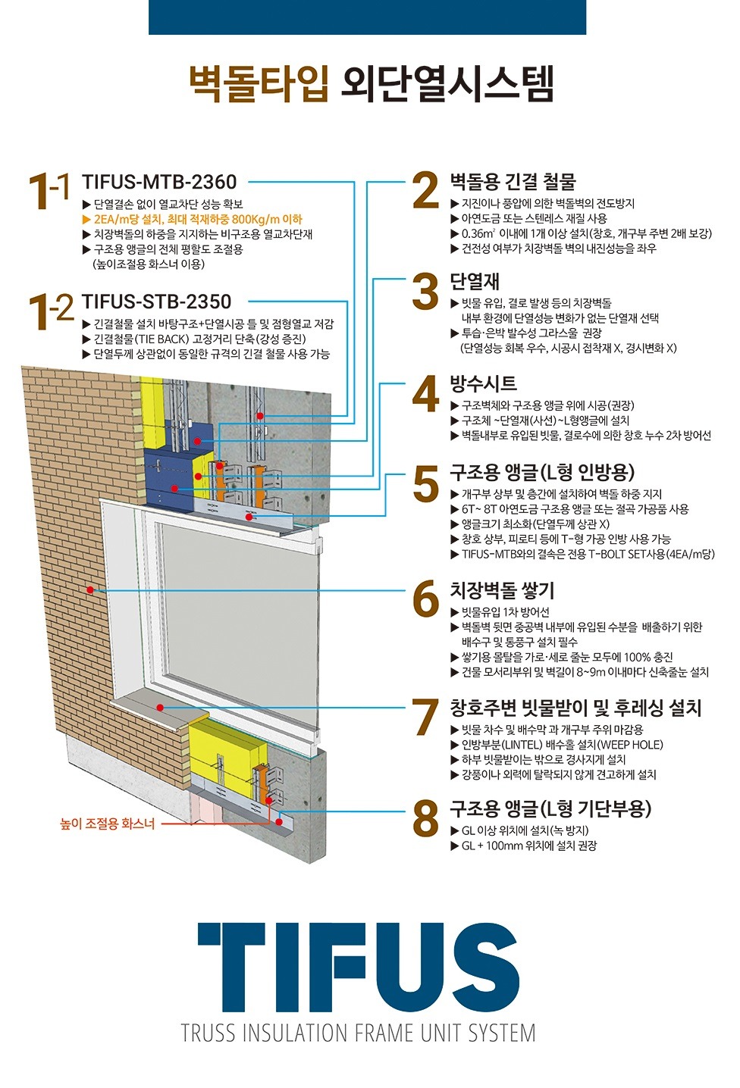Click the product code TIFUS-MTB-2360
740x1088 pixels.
tap(159, 182)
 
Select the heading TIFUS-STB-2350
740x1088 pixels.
tap(156, 302)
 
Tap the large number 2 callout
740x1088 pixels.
tap(425, 191)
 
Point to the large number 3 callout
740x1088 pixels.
tap(425, 291)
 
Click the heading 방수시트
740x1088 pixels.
tap(483, 383)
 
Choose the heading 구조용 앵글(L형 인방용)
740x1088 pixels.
tap(543, 471)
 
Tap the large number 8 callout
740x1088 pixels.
tap(425, 820)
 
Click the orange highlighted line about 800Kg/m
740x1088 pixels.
tap(193, 220)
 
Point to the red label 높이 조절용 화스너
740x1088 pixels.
tap(108, 824)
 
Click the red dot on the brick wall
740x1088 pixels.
tap(90, 590)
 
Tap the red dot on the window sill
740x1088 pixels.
tap(161, 708)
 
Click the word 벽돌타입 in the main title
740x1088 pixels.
tap(259, 84)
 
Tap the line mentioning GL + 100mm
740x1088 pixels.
tap(529, 846)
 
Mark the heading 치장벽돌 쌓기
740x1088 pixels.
tap(502, 591)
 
